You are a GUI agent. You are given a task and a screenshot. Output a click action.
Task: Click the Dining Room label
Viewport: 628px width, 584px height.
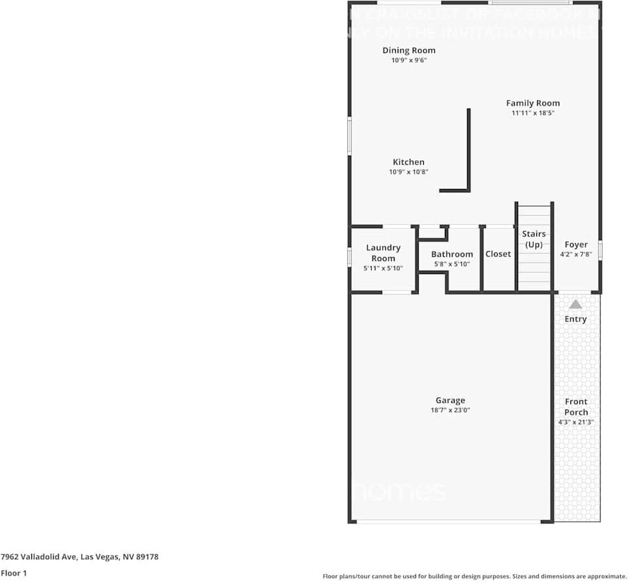pyautogui.click(x=409, y=50)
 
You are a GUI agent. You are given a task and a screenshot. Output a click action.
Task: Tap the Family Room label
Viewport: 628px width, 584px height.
pyautogui.click(x=532, y=103)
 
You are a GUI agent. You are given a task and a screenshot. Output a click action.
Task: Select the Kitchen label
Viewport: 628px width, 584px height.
pyautogui.click(x=408, y=162)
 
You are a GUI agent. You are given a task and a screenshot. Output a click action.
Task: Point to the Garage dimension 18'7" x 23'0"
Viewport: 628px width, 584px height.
pyautogui.click(x=450, y=411)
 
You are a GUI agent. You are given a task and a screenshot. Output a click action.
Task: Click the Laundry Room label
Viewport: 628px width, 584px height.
pyautogui.click(x=383, y=252)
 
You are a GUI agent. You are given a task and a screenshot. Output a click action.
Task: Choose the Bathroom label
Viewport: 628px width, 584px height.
pyautogui.click(x=451, y=254)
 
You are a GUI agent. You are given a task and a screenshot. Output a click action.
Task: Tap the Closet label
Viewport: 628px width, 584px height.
pyautogui.click(x=498, y=254)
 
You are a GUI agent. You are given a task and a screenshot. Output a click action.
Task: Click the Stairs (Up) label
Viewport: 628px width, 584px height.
pyautogui.click(x=534, y=239)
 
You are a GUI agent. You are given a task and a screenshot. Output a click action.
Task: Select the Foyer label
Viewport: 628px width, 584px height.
pyautogui.click(x=576, y=245)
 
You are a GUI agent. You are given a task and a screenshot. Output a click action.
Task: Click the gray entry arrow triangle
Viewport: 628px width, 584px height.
pyautogui.click(x=575, y=304)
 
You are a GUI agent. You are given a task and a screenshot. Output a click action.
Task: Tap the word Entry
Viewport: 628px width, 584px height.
pyautogui.click(x=575, y=319)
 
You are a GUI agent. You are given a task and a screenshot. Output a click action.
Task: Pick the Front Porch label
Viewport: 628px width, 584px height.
pyautogui.click(x=576, y=407)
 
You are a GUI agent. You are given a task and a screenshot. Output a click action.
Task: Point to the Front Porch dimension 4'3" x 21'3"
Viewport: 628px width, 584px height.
pyautogui.click(x=576, y=422)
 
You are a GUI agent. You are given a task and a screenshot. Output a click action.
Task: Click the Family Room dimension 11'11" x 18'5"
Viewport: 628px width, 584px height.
pyautogui.click(x=532, y=113)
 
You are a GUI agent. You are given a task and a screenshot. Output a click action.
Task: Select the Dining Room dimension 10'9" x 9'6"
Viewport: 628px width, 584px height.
pyautogui.click(x=409, y=60)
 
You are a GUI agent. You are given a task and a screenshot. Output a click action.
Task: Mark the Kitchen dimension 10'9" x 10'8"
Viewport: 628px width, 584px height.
pyautogui.click(x=408, y=172)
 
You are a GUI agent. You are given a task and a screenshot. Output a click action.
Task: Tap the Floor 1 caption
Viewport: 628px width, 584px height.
pyautogui.click(x=14, y=573)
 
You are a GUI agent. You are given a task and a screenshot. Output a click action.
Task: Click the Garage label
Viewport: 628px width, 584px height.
pyautogui.click(x=450, y=400)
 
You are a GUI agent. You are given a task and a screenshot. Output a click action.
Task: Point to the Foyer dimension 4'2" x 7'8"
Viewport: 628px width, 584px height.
pyautogui.click(x=576, y=254)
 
